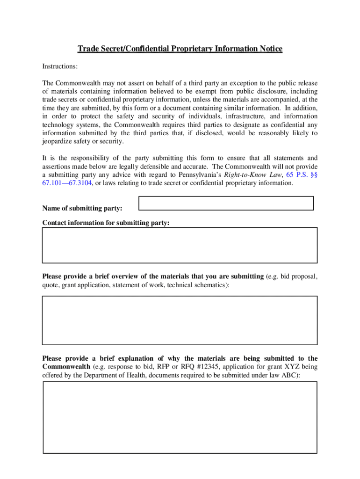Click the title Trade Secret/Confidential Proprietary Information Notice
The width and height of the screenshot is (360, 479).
(180, 49)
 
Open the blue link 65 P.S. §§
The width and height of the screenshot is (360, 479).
(302, 175)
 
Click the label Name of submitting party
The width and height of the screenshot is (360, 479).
(82, 208)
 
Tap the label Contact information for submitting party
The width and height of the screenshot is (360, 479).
(106, 223)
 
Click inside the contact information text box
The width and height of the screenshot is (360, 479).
(180, 245)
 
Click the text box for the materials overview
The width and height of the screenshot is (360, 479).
(180, 320)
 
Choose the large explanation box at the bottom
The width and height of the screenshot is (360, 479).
(180, 417)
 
